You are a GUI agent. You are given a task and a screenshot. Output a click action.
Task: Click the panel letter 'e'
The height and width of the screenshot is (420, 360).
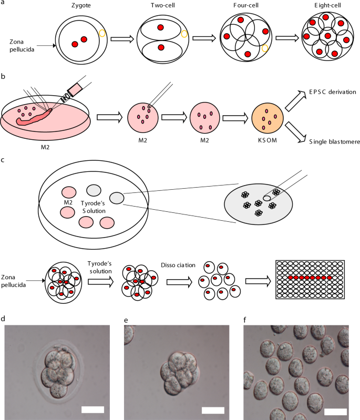point(125,320)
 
